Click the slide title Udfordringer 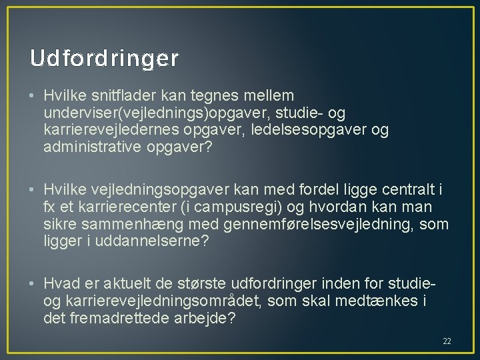[104, 59]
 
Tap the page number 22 [447, 341]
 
